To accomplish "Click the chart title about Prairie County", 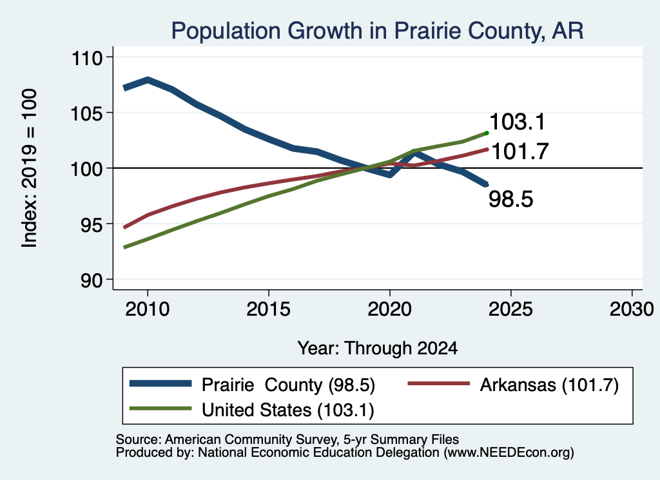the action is point(377,31).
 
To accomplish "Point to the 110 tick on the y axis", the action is point(87,57).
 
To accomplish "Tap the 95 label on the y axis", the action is point(92,225).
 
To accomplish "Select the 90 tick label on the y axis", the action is point(92,280).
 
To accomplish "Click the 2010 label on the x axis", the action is point(148,309).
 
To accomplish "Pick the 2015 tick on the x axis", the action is point(269,309).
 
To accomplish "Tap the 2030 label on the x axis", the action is point(632,309).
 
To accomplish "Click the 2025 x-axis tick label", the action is point(510,309).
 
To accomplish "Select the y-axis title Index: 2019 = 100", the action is point(30,168).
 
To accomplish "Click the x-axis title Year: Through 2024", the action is point(378,349).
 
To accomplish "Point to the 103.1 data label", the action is point(518,122).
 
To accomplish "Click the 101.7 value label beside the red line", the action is point(520,151).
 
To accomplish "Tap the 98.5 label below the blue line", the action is point(511,199).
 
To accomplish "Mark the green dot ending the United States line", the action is point(487,133).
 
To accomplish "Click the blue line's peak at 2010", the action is point(148,79).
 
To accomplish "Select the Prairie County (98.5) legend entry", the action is point(252,385).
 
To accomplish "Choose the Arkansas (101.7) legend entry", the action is point(514,385).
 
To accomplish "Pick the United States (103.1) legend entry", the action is point(252,410).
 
